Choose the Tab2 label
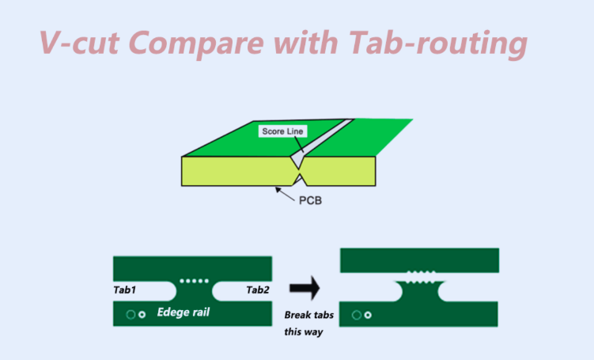tap(258, 290)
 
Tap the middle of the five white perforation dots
tap(194, 280)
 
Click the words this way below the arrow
tap(301, 332)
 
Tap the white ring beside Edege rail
tap(142, 315)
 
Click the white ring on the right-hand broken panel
tap(369, 315)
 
